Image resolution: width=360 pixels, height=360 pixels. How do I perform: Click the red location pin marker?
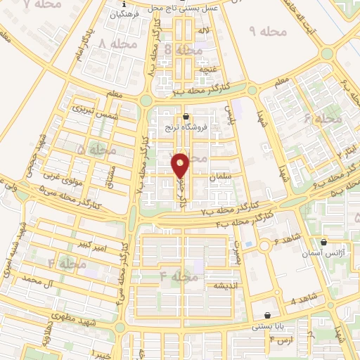coord(181,165)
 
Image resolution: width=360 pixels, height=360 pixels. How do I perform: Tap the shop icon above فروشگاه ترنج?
coord(186,117)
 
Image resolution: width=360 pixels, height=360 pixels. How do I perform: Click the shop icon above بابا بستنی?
coord(267,315)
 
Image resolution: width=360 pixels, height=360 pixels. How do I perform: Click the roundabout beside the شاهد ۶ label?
coord(266,246)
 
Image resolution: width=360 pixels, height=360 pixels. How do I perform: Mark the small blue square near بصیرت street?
coord(247,244)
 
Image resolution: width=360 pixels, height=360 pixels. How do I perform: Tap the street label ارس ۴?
coord(281,341)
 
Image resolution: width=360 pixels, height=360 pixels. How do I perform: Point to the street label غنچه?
coord(207,70)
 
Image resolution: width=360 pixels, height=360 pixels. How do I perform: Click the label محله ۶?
coord(323,119)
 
